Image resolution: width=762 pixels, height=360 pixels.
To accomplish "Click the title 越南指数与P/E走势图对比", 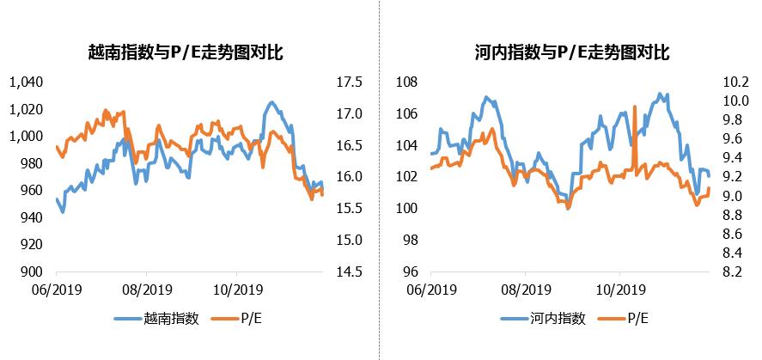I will (x=186, y=53).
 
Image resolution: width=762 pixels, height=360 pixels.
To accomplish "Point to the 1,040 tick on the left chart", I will (x=25, y=82).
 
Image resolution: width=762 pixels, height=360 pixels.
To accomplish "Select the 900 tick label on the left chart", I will (x=31, y=272).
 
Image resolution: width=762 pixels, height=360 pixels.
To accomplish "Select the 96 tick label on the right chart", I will (x=410, y=272).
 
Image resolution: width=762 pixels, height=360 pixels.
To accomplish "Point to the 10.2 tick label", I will (x=737, y=82).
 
